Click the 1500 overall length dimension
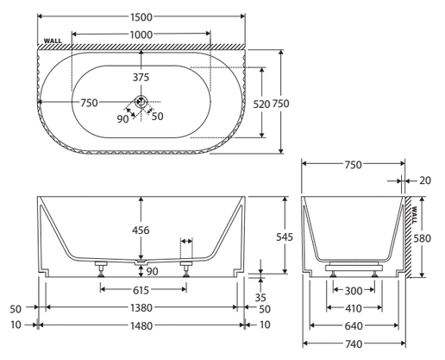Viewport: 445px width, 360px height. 141,17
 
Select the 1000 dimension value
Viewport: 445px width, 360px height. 141,35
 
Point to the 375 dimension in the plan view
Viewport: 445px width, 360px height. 141,77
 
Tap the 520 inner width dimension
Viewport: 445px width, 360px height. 261,104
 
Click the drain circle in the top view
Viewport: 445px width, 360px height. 141,101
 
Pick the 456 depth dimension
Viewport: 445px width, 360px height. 141,231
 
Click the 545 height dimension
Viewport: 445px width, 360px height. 285,237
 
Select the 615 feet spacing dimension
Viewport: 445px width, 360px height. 141,290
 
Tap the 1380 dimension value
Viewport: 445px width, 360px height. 141,308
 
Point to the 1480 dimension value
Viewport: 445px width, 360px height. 141,325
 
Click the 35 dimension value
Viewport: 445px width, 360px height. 260,298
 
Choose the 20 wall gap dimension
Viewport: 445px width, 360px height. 425,180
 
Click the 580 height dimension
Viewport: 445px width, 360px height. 423,238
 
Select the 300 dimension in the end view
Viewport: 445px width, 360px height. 354,291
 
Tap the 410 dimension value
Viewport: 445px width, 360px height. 354,308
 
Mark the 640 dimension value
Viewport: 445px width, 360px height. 354,326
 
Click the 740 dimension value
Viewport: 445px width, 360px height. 354,344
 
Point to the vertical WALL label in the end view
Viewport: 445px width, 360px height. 414,215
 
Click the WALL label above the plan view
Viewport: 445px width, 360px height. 53,41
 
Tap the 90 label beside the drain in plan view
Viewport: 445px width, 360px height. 122,119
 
